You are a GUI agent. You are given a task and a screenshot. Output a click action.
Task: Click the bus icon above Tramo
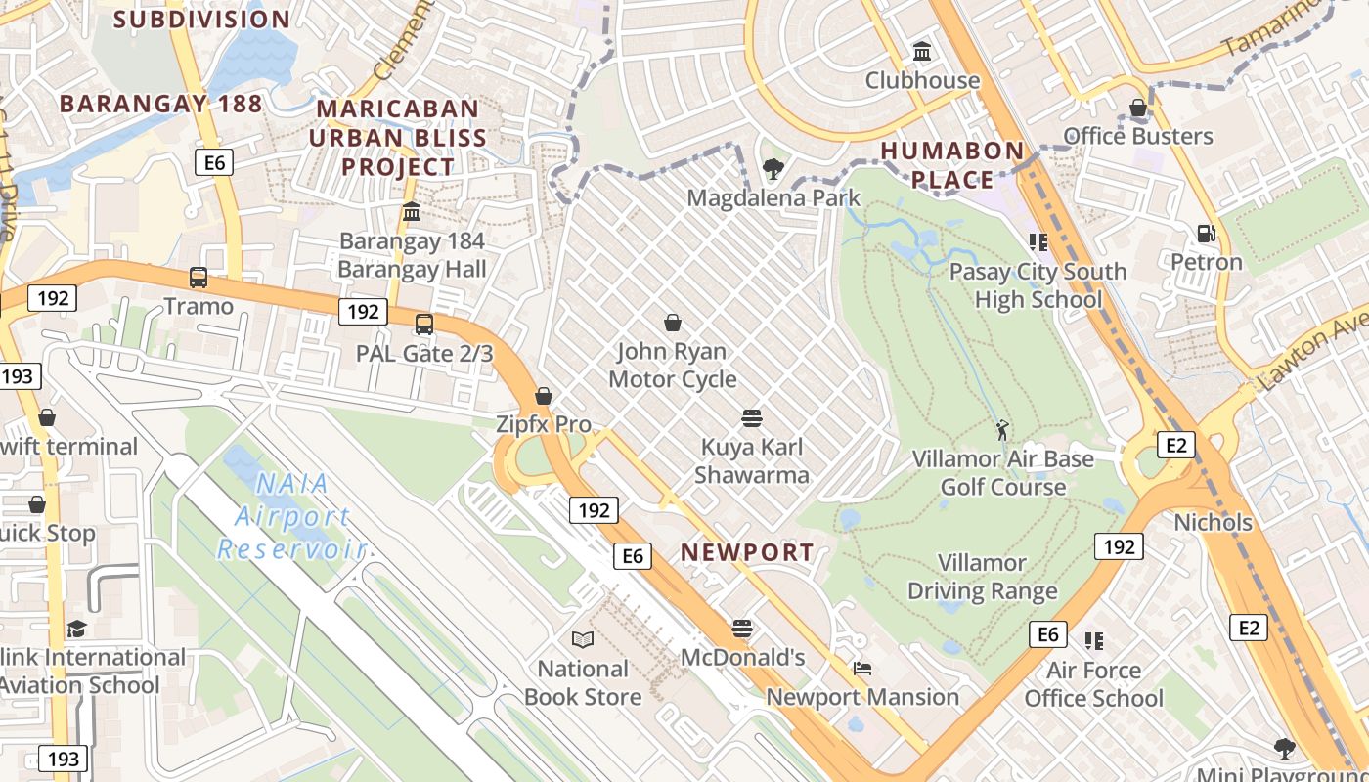(199, 278)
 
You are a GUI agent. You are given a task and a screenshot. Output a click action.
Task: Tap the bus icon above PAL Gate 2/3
(423, 325)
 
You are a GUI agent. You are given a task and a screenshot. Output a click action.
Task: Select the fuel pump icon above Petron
(1207, 234)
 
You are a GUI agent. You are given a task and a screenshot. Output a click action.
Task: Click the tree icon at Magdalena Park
(773, 169)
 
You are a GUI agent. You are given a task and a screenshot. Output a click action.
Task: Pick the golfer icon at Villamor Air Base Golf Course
(1002, 430)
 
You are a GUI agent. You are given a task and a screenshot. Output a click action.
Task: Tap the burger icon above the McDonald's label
(742, 628)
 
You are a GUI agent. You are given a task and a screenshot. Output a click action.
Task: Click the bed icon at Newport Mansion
(862, 669)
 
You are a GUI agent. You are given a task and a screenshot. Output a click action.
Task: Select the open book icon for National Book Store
(583, 639)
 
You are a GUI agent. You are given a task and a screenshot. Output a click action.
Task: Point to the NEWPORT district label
(747, 552)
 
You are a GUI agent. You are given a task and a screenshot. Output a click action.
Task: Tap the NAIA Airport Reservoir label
(291, 516)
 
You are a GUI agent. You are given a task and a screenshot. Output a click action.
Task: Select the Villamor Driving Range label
(983, 577)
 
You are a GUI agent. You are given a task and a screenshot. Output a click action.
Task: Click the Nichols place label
(1213, 522)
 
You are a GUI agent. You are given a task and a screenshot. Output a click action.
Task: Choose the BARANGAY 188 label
(160, 104)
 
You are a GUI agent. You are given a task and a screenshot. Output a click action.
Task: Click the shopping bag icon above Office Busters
(1138, 108)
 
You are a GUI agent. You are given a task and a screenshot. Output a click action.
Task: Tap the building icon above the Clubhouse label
(921, 51)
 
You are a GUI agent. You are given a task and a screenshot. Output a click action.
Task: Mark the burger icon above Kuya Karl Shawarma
(751, 418)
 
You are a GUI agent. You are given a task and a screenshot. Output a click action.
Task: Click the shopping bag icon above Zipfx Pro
(544, 396)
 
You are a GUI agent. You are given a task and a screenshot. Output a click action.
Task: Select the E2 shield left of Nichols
(1175, 446)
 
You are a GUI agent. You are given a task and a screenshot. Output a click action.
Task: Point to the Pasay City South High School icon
(1038, 241)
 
